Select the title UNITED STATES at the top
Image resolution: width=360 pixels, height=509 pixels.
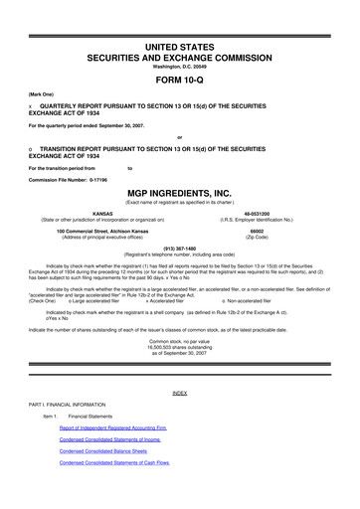179,21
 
